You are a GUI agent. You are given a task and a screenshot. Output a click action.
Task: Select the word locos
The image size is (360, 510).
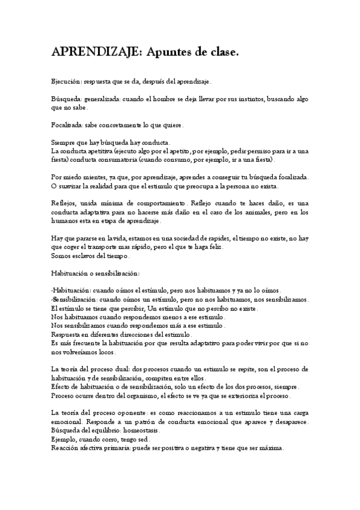pyautogui.click(x=107, y=352)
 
